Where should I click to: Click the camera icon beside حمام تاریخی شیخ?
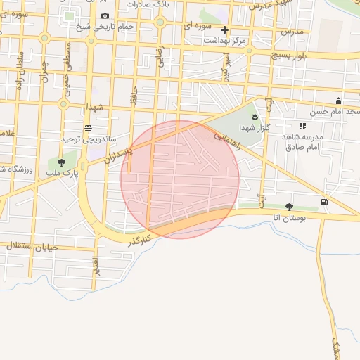click(x=105, y=16)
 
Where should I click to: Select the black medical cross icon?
click(x=224, y=30)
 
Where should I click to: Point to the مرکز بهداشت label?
click(x=225, y=41)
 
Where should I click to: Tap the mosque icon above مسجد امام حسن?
click(x=338, y=101)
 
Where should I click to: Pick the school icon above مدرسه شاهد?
click(x=302, y=126)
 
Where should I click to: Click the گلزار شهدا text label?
click(x=250, y=128)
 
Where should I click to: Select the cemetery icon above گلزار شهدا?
click(x=255, y=117)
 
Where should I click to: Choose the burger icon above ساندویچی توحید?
click(x=88, y=129)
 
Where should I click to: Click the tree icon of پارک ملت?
click(x=61, y=162)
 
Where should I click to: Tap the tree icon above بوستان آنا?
click(x=289, y=207)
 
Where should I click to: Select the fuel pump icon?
click(x=323, y=202)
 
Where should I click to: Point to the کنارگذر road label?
click(x=140, y=238)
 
